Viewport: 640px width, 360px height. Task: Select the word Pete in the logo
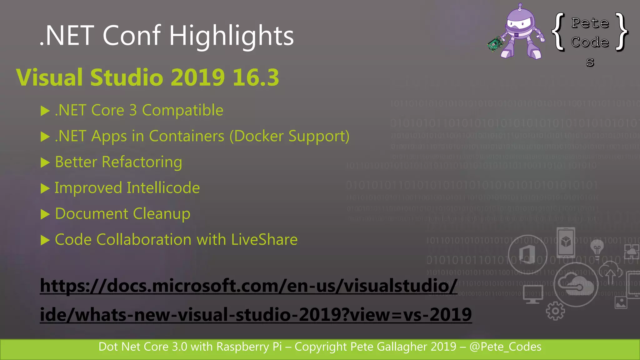(x=590, y=23)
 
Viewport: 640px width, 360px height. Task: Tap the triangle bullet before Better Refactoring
(x=45, y=162)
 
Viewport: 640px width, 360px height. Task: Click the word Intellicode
(x=163, y=188)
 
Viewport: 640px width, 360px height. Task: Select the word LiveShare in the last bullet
(x=264, y=240)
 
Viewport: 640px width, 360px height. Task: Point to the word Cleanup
(x=162, y=214)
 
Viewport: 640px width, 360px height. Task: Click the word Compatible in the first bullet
(x=182, y=110)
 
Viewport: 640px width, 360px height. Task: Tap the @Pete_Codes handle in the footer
(x=505, y=347)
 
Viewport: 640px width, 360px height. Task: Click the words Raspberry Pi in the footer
(x=249, y=347)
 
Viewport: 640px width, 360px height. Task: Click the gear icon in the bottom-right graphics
(x=555, y=311)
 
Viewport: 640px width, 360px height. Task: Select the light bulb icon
(x=597, y=248)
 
